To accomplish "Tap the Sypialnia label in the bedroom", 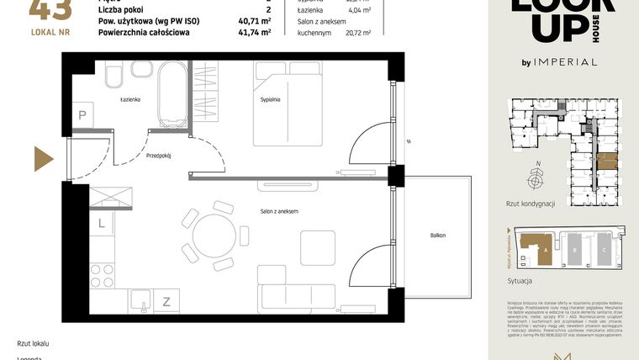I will (269, 99).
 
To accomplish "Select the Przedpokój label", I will (160, 156).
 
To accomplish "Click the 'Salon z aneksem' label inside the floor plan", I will (279, 210).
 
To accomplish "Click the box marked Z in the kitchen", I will (166, 300).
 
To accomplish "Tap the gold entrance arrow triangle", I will (43, 158).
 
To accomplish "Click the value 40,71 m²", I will (254, 20).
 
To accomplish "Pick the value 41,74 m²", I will (254, 33).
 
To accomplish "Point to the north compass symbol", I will (536, 179).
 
